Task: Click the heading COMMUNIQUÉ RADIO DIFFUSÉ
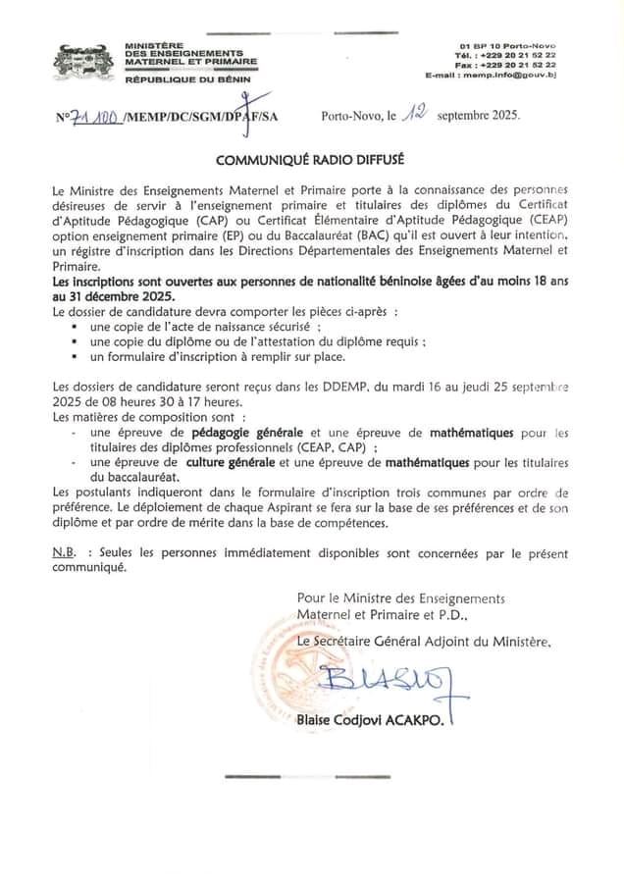point(310,157)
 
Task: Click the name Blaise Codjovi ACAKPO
point(370,721)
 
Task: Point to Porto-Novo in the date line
point(351,116)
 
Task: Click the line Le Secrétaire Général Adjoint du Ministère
point(424,641)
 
